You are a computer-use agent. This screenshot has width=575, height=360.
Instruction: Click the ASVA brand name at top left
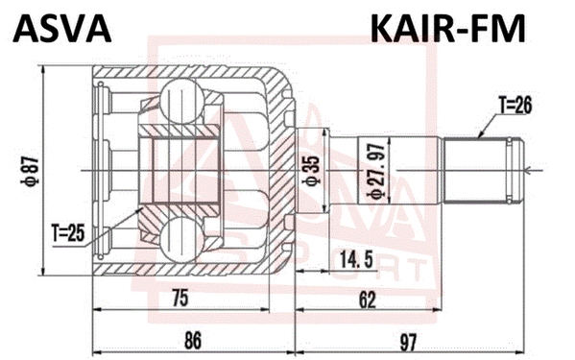click(x=61, y=30)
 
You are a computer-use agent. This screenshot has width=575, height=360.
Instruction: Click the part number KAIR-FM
click(x=447, y=30)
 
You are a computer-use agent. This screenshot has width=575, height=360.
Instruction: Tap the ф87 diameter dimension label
click(x=32, y=170)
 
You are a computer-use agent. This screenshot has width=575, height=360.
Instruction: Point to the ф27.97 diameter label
click(x=377, y=171)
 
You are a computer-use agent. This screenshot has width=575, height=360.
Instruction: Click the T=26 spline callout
click(x=515, y=106)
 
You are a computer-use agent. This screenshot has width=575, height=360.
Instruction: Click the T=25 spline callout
click(x=68, y=233)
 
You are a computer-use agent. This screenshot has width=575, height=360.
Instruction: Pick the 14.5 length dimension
click(x=356, y=259)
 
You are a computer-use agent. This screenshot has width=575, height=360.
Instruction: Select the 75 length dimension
click(x=180, y=298)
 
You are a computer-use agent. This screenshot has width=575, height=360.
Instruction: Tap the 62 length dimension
click(x=368, y=300)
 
